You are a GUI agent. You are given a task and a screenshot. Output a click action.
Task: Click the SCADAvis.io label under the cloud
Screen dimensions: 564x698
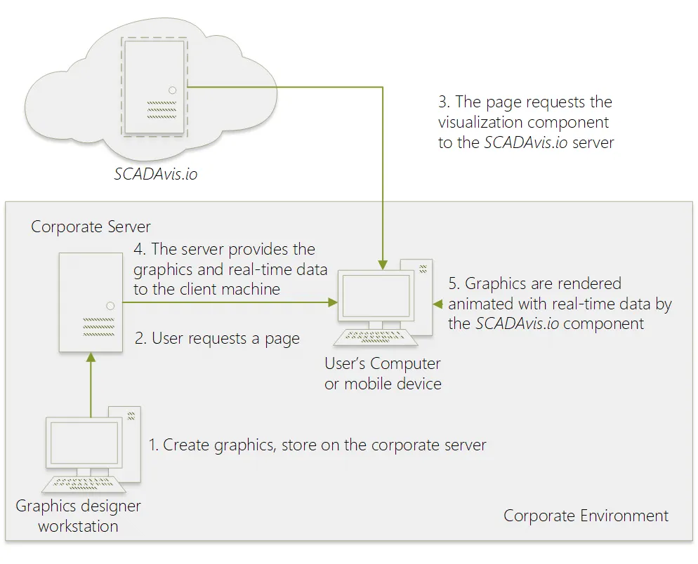pos(156,173)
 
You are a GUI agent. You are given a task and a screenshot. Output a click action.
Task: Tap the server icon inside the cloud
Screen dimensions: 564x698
pos(154,88)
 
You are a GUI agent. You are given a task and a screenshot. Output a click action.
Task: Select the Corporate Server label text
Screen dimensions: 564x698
pos(91,227)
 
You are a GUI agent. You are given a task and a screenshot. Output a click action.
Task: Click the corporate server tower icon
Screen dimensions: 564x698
pos(90,302)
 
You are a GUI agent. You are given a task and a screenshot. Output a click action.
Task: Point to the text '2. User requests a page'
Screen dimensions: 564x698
pos(217,339)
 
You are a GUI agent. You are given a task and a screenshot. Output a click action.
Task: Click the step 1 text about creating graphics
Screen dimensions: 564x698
pos(317,445)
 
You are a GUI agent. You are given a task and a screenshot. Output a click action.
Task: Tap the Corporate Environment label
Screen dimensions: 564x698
pos(586,516)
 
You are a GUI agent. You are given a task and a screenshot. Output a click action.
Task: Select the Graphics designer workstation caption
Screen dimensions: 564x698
pos(78,516)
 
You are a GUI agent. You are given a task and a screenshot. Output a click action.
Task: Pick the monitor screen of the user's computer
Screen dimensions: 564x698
pos(376,295)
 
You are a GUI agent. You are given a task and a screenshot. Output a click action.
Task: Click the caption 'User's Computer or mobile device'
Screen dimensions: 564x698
pos(383,374)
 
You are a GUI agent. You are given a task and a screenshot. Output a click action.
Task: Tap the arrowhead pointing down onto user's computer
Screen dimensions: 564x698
pos(382,264)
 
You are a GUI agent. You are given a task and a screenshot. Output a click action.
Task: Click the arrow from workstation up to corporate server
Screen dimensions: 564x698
pos(90,386)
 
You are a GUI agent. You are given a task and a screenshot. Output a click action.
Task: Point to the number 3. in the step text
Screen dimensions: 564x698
pos(444,102)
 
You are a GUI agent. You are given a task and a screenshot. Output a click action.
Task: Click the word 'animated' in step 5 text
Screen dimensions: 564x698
pos(478,304)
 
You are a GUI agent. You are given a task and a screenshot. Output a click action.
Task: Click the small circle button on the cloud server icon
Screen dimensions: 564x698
pos(173,90)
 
